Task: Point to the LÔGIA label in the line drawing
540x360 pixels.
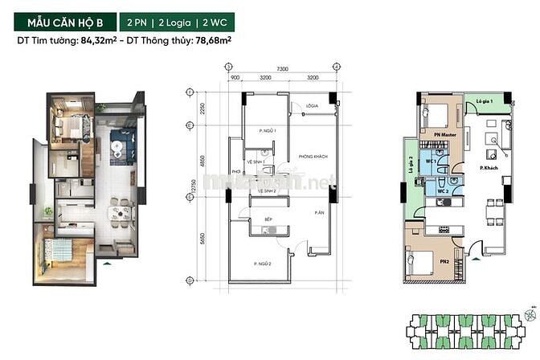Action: pos(312,105)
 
